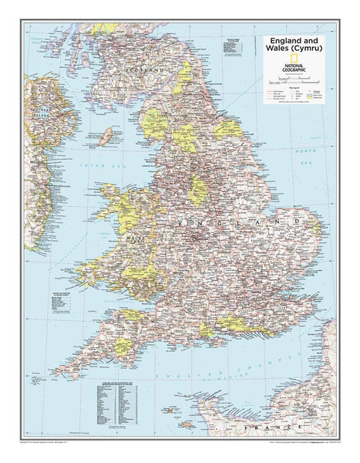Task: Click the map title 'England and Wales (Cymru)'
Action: tap(294, 46)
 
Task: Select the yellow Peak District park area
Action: tap(198, 191)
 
